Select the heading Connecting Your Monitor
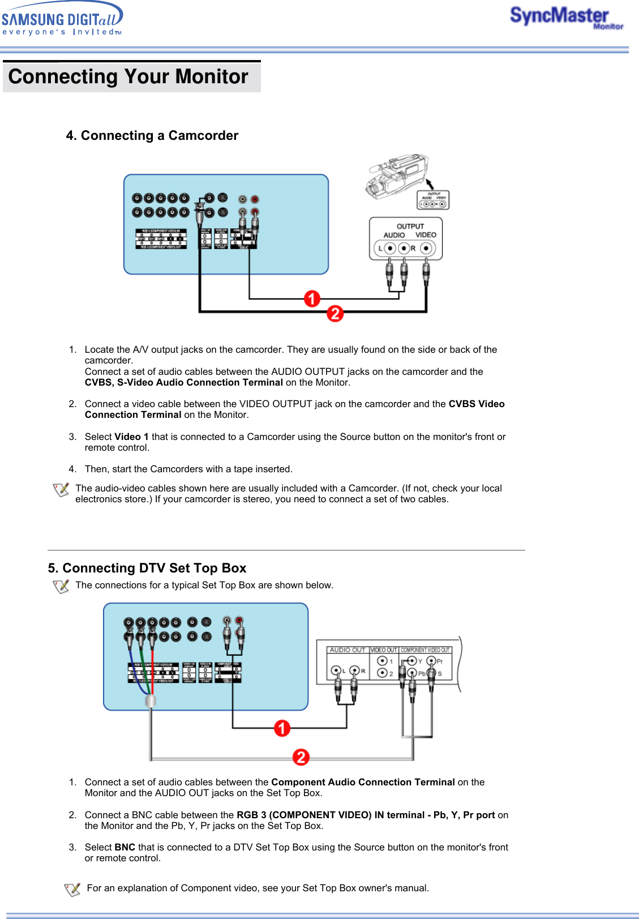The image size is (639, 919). point(128,76)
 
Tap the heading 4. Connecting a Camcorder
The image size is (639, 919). point(152,136)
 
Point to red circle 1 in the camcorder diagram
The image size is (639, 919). point(312,298)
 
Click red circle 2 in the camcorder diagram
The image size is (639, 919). point(335,313)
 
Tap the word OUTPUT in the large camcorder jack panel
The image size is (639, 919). point(410,226)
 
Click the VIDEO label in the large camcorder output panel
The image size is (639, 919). point(426,235)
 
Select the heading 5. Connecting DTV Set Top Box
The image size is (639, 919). point(147,568)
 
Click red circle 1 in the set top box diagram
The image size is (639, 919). point(282,728)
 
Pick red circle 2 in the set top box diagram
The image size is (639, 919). point(301,757)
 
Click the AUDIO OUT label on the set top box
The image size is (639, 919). point(348,650)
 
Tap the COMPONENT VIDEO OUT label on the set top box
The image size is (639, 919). point(425,650)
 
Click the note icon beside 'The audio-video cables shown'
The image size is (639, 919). point(61,490)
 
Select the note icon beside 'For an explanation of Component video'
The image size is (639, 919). point(72,890)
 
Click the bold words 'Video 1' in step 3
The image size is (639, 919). point(132,437)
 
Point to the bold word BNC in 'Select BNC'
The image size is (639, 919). point(125,847)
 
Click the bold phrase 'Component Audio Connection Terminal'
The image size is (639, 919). point(363,782)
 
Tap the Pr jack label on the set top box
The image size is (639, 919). point(440,661)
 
